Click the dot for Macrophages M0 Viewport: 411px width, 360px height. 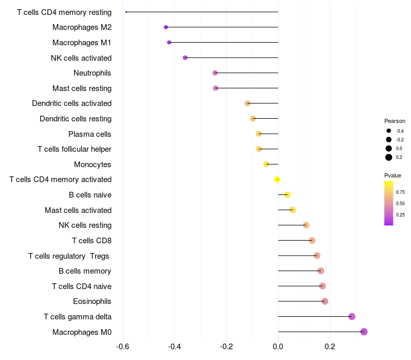coord(364,332)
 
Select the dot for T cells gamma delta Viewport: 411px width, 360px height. coord(352,316)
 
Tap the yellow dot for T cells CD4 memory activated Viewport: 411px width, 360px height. coord(277,179)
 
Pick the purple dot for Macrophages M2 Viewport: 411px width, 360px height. coord(166,27)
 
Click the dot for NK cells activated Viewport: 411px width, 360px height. coord(185,58)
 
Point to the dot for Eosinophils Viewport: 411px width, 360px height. coord(325,301)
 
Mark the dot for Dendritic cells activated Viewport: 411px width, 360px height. coord(248,103)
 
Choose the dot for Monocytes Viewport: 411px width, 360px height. coord(266,164)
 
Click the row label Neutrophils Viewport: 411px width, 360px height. coord(92,73)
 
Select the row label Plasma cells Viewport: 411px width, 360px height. coord(90,134)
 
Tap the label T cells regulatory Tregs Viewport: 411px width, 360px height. coord(69,256)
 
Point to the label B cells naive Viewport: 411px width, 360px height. coord(90,195)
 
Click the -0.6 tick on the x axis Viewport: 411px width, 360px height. coord(123,346)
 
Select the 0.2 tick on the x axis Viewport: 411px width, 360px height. coord(330,346)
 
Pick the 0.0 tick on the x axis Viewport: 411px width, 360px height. coord(278,346)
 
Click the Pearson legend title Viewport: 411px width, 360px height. coord(395,121)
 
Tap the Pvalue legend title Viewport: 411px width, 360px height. coord(393,175)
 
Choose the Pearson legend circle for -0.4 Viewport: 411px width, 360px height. coord(389,131)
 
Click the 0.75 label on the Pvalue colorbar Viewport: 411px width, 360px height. coord(400,192)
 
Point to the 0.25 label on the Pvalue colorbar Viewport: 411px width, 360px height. coord(400,215)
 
